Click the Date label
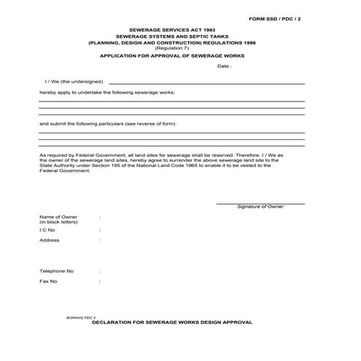(x=224, y=66)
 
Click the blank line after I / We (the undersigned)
(x=206, y=83)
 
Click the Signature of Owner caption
(x=260, y=206)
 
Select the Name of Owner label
(x=58, y=217)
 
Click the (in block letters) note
(x=58, y=222)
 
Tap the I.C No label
(x=47, y=230)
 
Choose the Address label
(x=50, y=240)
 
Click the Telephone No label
(x=56, y=271)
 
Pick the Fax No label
(x=48, y=281)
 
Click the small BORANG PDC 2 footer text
(x=81, y=319)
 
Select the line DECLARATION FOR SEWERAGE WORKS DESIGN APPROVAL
(x=172, y=322)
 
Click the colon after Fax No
(x=100, y=281)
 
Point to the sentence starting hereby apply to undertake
(x=107, y=93)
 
